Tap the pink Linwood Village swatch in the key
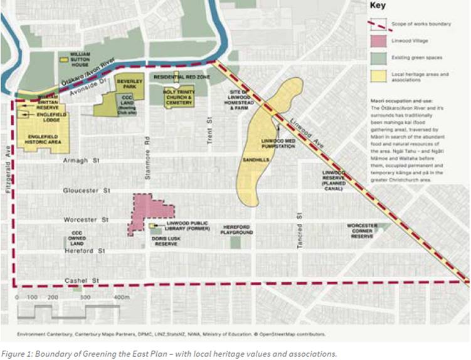tap(377, 41)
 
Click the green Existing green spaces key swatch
tap(377, 58)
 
